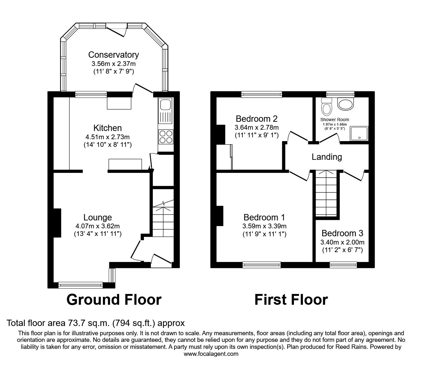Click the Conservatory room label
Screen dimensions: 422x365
click(113, 55)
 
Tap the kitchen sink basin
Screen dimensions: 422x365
click(166, 105)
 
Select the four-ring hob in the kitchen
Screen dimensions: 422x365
click(166, 137)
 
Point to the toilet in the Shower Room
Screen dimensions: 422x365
click(326, 107)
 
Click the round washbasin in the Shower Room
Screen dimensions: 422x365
click(345, 104)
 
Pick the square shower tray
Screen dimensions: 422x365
click(359, 134)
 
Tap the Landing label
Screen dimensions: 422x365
click(327, 157)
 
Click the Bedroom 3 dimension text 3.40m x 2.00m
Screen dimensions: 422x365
click(342, 242)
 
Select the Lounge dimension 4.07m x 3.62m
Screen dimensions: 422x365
click(98, 226)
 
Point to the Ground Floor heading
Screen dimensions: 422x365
click(114, 300)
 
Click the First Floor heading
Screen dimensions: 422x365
click(291, 300)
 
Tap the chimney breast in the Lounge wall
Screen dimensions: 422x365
click(57, 223)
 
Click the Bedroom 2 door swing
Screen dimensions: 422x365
click(297, 136)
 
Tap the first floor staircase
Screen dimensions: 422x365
click(326, 193)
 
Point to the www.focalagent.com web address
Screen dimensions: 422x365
click(211, 354)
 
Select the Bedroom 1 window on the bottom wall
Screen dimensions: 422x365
click(262, 265)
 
